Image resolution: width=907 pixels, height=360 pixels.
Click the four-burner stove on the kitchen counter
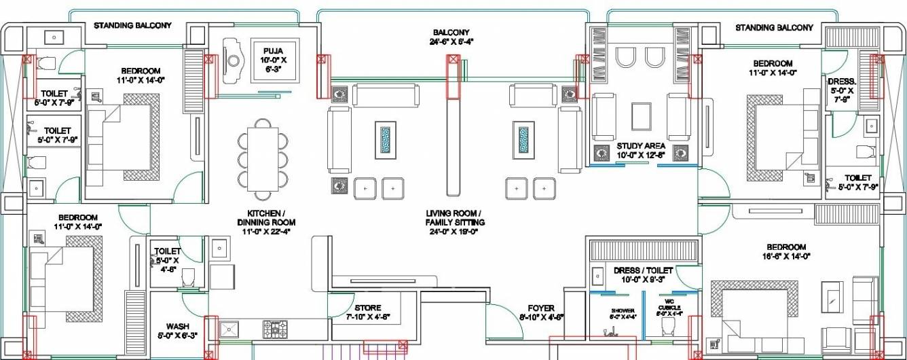pyautogui.click(x=275, y=329)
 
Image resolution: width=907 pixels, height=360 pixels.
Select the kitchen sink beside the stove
pyautogui.click(x=229, y=329)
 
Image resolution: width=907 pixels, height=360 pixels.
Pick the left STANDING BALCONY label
pyautogui.click(x=132, y=26)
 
